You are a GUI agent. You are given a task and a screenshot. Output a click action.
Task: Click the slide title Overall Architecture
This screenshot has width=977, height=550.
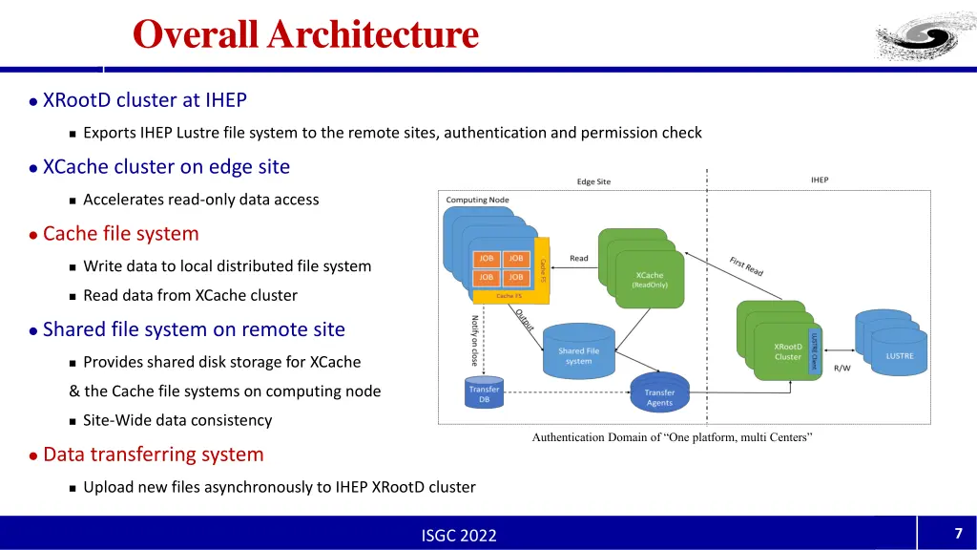tap(305, 34)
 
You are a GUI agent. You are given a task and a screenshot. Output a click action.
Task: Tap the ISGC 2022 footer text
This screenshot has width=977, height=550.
tap(459, 535)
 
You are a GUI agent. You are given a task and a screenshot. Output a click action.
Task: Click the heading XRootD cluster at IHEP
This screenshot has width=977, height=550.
tap(145, 100)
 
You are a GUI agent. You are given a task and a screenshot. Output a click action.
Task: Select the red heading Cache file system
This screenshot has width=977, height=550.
tap(121, 234)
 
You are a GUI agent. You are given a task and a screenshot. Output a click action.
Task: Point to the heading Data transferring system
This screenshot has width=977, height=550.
tap(153, 455)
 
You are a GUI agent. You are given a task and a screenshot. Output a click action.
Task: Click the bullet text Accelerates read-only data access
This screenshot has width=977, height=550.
tap(201, 200)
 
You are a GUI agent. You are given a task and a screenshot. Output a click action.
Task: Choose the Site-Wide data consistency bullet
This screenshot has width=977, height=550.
tap(177, 420)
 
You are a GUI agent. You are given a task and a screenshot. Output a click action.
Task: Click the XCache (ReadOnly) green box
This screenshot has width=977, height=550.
tap(650, 279)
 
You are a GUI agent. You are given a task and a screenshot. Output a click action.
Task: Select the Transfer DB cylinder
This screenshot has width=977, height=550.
tap(483, 394)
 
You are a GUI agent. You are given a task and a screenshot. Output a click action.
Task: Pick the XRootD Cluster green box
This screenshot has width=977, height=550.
tap(786, 351)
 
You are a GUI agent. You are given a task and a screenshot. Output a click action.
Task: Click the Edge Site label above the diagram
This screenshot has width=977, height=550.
tap(593, 181)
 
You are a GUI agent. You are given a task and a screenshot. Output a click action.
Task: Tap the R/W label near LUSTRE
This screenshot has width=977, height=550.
tap(842, 369)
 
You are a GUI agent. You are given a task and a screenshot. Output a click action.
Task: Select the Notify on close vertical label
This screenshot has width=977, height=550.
tap(474, 341)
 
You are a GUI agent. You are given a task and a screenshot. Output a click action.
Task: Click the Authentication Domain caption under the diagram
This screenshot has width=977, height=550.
tap(672, 437)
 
